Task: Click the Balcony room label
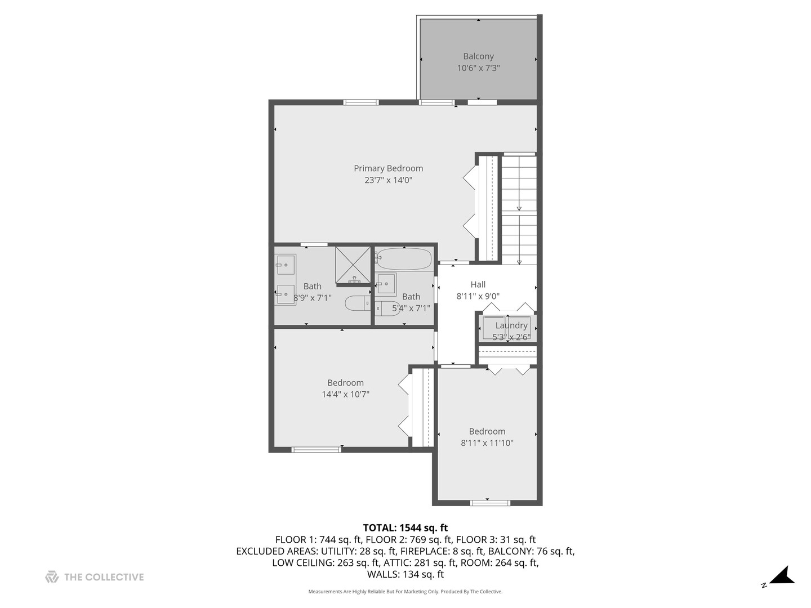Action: (478, 56)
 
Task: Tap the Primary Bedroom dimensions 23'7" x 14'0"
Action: (388, 180)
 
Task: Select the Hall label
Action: (478, 284)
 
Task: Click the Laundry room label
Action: (511, 325)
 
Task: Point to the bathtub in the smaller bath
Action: (404, 260)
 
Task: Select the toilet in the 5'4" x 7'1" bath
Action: (387, 308)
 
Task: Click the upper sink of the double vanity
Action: (285, 264)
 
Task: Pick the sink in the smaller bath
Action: (387, 283)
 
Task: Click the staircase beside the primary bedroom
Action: (519, 209)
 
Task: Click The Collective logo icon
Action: (52, 576)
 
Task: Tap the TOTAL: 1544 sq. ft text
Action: (405, 527)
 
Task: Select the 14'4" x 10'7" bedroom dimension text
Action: (345, 394)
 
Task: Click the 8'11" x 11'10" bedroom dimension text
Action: (487, 443)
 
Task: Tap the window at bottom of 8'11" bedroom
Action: (490, 503)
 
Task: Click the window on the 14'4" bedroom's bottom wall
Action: (316, 449)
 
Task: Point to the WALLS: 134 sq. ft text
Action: (405, 574)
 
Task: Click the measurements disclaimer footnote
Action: (405, 592)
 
